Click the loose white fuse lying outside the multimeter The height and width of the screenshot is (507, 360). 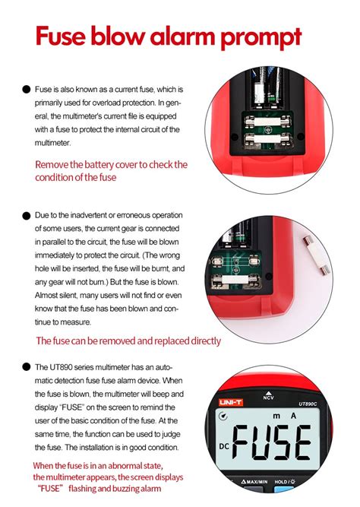(324, 266)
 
